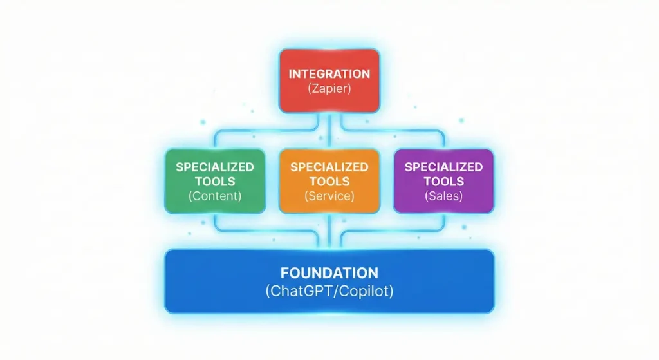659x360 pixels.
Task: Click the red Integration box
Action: click(329, 81)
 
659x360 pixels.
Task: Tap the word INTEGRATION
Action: click(329, 73)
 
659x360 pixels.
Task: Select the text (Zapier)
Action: click(329, 89)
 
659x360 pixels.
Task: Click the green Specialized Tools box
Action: click(215, 181)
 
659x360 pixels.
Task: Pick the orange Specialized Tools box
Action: click(329, 181)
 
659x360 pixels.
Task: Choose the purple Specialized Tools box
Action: click(443, 181)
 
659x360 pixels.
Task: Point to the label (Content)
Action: click(215, 196)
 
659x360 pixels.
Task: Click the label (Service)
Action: click(329, 196)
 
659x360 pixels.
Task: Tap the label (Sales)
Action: click(443, 196)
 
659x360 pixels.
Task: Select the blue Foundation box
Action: click(329, 281)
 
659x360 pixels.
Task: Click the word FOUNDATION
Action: click(329, 272)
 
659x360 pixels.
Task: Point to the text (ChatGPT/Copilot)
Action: click(329, 291)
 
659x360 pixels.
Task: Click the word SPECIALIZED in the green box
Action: click(215, 167)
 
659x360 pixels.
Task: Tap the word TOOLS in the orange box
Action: click(329, 182)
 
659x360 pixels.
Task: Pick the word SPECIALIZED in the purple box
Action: click(443, 167)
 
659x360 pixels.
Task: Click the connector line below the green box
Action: click(215, 222)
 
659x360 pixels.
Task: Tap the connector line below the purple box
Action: click(443, 222)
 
